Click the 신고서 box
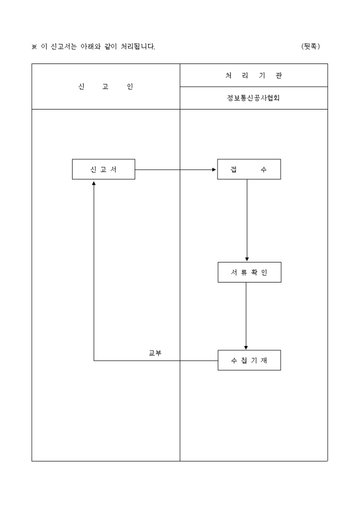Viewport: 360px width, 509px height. click(103, 169)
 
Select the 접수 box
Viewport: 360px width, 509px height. click(249, 169)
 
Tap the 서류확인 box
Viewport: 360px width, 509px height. click(249, 272)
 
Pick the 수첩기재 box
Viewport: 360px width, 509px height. click(249, 360)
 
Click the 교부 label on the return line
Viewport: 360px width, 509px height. click(155, 353)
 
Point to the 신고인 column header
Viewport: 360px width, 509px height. click(105, 87)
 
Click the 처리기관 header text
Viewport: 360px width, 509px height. click(254, 76)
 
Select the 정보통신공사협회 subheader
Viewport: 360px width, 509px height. click(254, 98)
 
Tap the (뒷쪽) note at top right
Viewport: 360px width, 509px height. click(311, 46)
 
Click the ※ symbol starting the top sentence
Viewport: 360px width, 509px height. click(34, 47)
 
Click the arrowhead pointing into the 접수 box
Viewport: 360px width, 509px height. click(214, 170)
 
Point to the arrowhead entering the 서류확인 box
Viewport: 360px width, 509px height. click(247, 259)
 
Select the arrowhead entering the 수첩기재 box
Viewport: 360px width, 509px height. click(246, 347)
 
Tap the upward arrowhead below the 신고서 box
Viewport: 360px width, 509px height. click(94, 183)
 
